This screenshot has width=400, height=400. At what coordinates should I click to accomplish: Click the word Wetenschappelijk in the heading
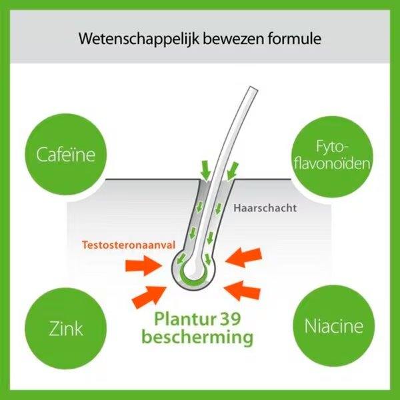pyautogui.click(x=139, y=39)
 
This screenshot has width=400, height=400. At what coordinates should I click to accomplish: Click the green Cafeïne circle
pyautogui.click(x=66, y=155)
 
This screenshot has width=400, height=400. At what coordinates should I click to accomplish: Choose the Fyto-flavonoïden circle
pyautogui.click(x=333, y=157)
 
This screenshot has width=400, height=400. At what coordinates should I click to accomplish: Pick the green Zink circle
pyautogui.click(x=66, y=328)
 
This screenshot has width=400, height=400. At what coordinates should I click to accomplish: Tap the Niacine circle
pyautogui.click(x=334, y=326)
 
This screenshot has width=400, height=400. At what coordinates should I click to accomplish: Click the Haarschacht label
pyautogui.click(x=265, y=208)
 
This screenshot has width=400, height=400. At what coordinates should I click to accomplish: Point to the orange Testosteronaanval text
pyautogui.click(x=129, y=245)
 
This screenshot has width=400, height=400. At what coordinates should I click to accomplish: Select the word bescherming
pyautogui.click(x=197, y=338)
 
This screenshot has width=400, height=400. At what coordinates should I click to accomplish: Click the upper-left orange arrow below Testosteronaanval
pyautogui.click(x=143, y=266)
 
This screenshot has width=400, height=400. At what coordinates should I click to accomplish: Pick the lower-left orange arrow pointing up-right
pyautogui.click(x=149, y=297)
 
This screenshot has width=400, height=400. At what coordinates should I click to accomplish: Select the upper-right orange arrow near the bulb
pyautogui.click(x=243, y=257)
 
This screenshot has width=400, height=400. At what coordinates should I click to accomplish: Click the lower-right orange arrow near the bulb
pyautogui.click(x=243, y=290)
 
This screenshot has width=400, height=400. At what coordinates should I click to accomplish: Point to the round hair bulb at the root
pyautogui.click(x=193, y=271)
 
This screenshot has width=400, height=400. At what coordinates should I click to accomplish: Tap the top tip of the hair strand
pyautogui.click(x=255, y=88)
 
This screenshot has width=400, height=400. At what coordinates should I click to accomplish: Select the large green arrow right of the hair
pyautogui.click(x=232, y=171)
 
